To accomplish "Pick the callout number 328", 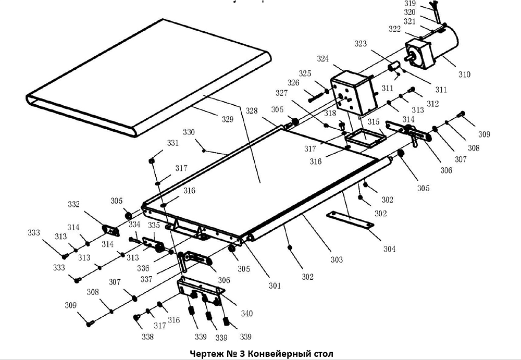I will pos(252,111).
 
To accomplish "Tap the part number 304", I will pos(389,249).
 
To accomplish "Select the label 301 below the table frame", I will pos(275,285).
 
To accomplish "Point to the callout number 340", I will pos(246,313).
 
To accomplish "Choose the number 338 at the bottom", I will pos(147,337).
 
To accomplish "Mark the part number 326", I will pos(294,82).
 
